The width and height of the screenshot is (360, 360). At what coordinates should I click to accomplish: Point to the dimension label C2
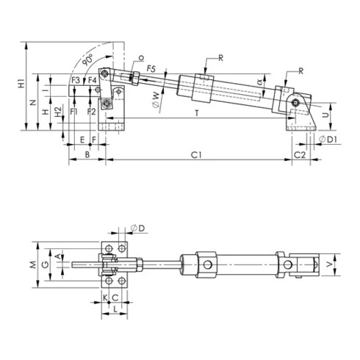click(x=300, y=155)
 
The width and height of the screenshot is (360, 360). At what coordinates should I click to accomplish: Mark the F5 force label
click(x=150, y=68)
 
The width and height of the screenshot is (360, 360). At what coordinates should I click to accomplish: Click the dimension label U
click(x=326, y=115)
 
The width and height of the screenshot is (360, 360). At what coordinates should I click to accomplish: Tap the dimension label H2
click(x=58, y=120)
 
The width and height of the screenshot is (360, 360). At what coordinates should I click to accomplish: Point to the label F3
click(x=76, y=79)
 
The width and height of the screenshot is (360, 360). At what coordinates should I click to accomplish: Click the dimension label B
click(x=87, y=155)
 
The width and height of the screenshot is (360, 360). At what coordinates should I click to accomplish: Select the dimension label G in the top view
click(x=46, y=263)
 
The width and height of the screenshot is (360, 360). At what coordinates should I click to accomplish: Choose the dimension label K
click(x=104, y=297)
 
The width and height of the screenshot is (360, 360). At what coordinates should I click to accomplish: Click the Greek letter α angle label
click(x=260, y=81)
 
